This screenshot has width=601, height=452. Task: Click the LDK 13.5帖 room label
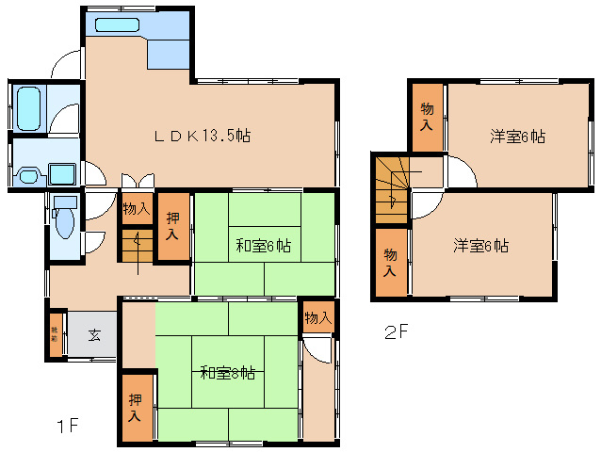(x=203, y=136)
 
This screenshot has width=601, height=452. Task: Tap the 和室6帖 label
(x=263, y=246)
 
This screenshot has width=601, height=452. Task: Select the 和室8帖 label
(x=227, y=372)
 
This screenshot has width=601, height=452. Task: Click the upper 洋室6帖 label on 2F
(x=517, y=136)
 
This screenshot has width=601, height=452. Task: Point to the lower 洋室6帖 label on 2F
(x=480, y=246)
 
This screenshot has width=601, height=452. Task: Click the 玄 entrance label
(x=95, y=334)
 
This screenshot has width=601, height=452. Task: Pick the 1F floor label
(x=65, y=426)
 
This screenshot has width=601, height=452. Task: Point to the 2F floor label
(x=396, y=332)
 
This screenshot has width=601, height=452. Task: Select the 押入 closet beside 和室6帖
(x=174, y=226)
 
